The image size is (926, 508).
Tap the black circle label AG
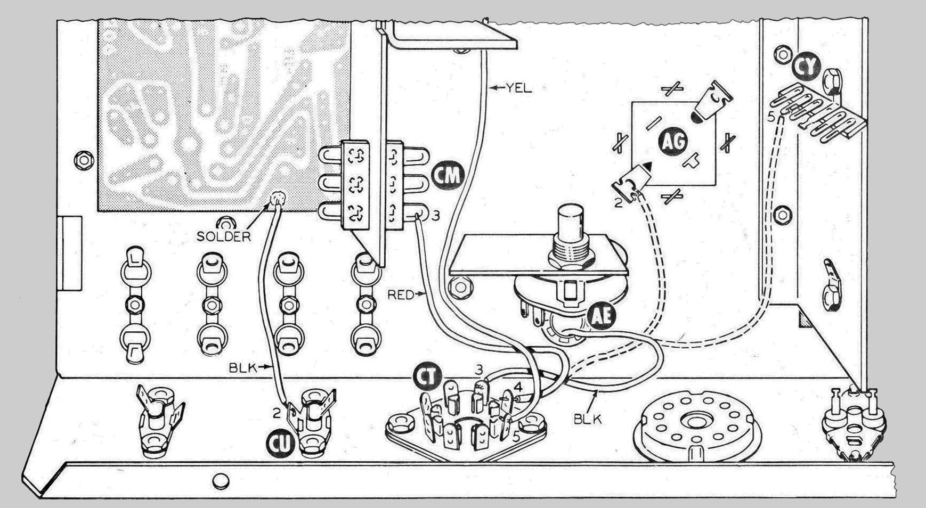tap(673, 141)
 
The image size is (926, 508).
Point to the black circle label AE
tap(602, 317)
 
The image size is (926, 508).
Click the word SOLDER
tap(223, 236)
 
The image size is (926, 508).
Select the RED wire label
tap(400, 293)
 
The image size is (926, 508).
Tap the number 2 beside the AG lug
tap(618, 202)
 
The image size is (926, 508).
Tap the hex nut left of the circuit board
tap(82, 159)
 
